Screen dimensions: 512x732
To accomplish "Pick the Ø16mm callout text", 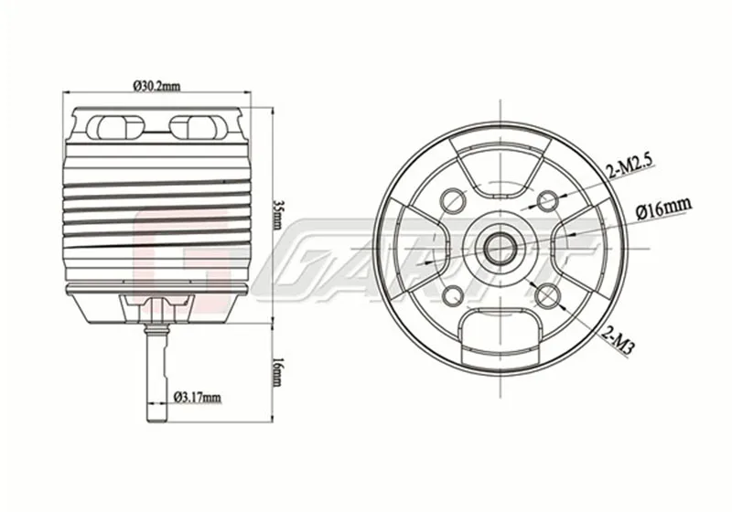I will point(662,209).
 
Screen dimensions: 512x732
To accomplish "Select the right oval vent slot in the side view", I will point(198,125).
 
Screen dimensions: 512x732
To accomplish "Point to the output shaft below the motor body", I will point(156,375).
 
